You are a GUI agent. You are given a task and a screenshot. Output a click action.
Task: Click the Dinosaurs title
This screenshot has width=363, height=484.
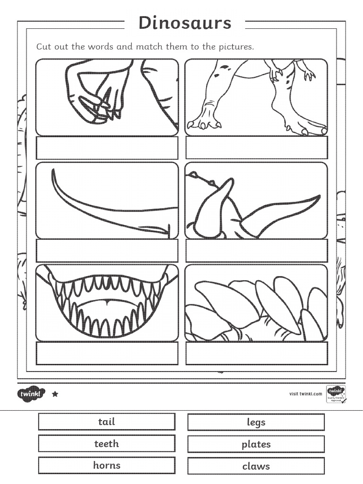[x=185, y=23]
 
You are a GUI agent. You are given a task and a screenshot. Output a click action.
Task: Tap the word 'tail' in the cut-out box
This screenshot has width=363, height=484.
[x=107, y=422]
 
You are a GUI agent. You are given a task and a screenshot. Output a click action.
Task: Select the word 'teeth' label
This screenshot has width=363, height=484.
[x=107, y=443]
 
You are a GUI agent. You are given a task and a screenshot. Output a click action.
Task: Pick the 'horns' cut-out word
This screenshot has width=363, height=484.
[x=107, y=465]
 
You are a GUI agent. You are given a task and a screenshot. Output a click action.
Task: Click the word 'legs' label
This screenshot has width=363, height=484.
[x=256, y=422]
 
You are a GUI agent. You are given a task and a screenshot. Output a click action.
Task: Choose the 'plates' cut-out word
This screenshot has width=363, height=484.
[x=256, y=444]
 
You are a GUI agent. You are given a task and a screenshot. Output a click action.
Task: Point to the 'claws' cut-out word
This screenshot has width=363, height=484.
[x=256, y=466]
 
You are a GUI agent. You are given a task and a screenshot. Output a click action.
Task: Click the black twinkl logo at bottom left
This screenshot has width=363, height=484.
[x=31, y=393]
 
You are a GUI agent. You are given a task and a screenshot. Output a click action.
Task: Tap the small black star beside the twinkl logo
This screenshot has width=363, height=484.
[x=55, y=394]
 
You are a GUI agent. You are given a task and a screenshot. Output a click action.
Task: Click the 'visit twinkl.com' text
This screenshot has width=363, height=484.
[x=305, y=393]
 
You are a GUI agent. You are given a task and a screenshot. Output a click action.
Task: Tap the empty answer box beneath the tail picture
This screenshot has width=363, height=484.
[x=107, y=251]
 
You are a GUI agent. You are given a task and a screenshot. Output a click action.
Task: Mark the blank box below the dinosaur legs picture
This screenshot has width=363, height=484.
[x=257, y=148]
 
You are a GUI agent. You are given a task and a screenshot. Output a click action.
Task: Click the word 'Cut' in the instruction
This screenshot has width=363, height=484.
[x=43, y=47]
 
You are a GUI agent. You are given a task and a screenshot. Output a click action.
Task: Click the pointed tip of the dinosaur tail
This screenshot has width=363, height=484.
[x=53, y=171]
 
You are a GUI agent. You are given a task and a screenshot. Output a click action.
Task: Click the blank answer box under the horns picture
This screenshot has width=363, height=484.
[x=257, y=251]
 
